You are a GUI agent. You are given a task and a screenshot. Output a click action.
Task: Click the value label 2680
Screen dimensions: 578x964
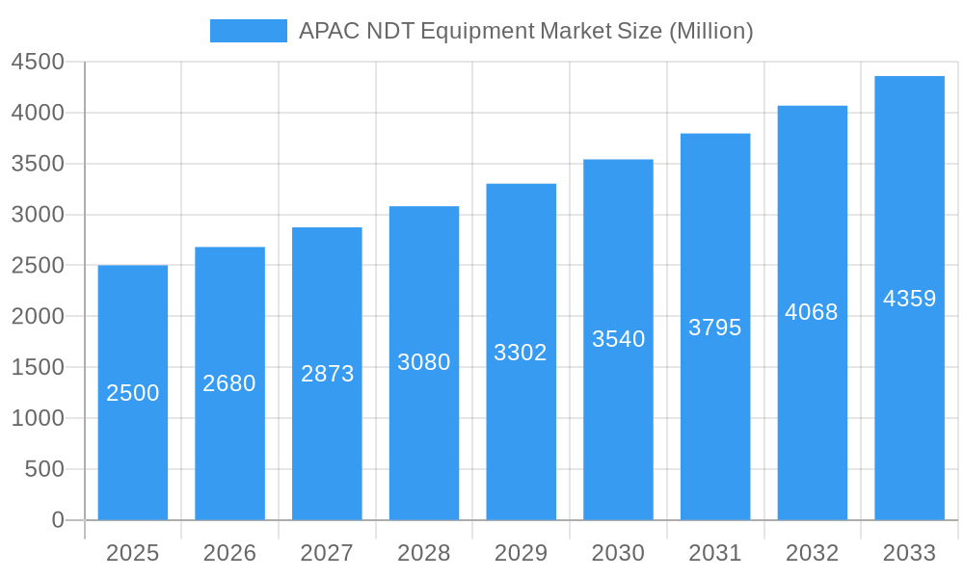[229, 383]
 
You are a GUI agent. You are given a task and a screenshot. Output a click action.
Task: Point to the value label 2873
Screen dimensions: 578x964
[328, 374]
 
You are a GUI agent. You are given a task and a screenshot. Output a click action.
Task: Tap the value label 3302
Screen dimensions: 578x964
[521, 353]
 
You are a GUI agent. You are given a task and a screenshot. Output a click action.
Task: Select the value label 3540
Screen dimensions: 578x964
[619, 339]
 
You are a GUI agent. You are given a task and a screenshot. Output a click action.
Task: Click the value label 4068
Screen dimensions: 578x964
[812, 312]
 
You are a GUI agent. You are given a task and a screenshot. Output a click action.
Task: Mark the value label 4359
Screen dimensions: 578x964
[910, 299]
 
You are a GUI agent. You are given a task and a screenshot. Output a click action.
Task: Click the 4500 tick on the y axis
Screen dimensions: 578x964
[38, 63]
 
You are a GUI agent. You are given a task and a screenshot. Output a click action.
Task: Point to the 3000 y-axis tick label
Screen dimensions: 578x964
[38, 215]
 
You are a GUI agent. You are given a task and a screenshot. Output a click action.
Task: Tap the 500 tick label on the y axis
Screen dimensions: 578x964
[44, 469]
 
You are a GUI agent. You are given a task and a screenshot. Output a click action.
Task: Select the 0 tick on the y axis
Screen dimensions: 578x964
[58, 520]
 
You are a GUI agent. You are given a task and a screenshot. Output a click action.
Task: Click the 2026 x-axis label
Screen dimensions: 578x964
[230, 553]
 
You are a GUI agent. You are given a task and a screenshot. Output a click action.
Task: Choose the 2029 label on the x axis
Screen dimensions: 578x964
[521, 553]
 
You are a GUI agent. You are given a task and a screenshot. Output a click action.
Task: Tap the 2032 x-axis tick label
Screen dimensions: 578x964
[813, 553]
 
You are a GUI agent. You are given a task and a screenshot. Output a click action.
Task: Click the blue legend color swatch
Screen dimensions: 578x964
[249, 31]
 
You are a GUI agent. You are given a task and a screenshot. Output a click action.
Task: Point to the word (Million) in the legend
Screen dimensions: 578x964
[711, 31]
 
